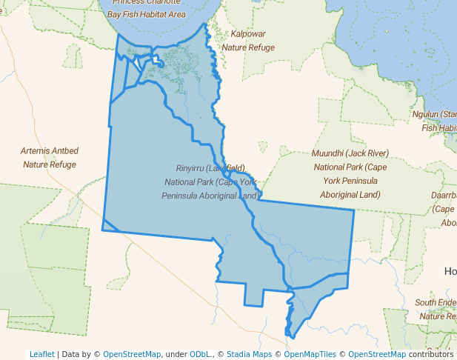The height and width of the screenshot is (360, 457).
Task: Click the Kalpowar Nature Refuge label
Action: tap(248, 41)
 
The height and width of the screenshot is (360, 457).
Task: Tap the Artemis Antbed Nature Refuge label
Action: tap(50, 157)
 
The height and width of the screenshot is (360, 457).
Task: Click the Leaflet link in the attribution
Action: tap(41, 354)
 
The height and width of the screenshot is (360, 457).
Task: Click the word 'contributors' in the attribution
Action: tap(430, 354)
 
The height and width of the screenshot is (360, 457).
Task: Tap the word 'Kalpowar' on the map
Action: tap(248, 34)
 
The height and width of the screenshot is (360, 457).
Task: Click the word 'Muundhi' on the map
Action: tap(328, 153)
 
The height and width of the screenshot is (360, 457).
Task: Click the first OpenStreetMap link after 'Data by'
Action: tap(131, 354)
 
